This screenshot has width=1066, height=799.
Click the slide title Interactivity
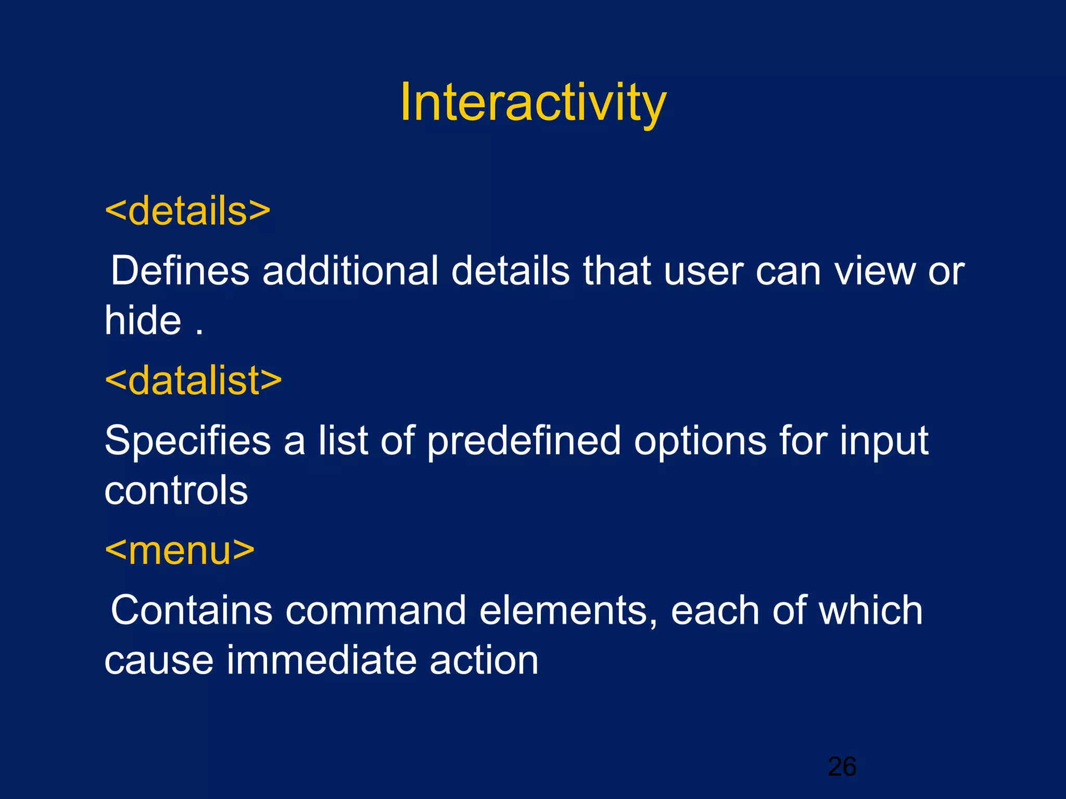(x=532, y=102)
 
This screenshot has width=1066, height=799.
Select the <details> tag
(x=187, y=211)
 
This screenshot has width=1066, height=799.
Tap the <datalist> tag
(x=193, y=380)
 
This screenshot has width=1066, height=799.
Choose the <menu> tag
(x=180, y=550)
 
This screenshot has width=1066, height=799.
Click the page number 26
(x=842, y=766)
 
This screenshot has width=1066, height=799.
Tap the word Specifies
(x=187, y=441)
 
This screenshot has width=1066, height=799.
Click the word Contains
(x=192, y=610)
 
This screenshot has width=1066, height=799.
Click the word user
(x=703, y=272)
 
